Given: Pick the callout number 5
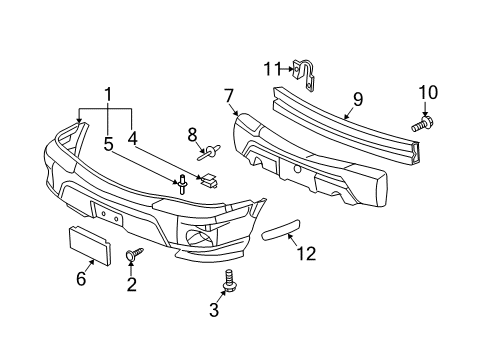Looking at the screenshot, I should [x=108, y=143].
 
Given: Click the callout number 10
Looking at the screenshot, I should [x=428, y=93].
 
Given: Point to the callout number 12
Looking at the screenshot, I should [x=306, y=254].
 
